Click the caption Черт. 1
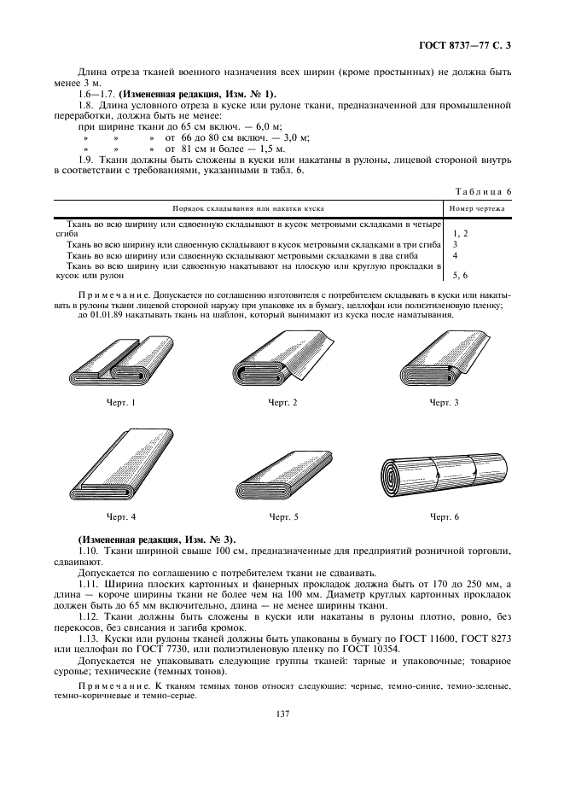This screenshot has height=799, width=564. pyautogui.click(x=120, y=402)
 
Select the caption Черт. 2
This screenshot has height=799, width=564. pyautogui.click(x=282, y=402)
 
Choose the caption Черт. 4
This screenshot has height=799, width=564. pyautogui.click(x=120, y=517)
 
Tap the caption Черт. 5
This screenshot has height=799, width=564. pyautogui.click(x=282, y=517)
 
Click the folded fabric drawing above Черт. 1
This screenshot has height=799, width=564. pyautogui.click(x=120, y=358)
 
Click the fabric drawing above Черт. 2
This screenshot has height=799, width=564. pyautogui.click(x=282, y=358)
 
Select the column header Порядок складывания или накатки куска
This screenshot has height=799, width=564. pyautogui.click(x=247, y=207)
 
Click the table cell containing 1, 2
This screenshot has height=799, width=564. pyautogui.click(x=460, y=233)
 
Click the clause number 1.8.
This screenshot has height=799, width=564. pyautogui.click(x=84, y=104)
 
